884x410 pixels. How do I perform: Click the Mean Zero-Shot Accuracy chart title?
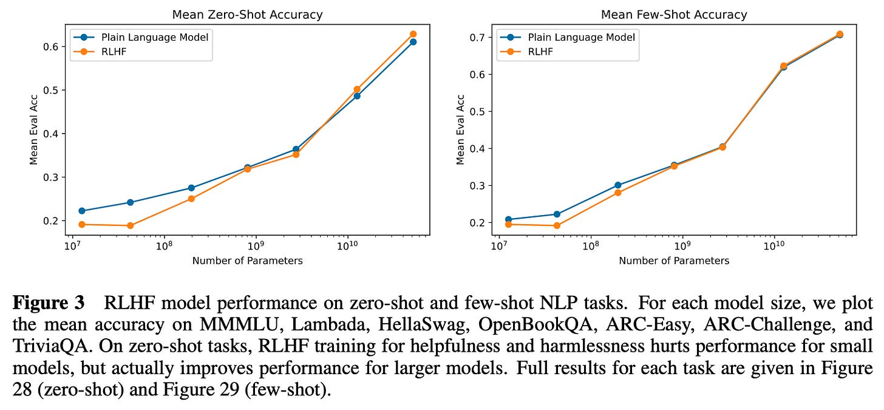(247, 14)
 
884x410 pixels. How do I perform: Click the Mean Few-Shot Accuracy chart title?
(674, 14)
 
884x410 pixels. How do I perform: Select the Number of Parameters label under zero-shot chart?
(247, 261)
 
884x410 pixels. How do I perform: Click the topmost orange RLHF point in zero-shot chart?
(413, 34)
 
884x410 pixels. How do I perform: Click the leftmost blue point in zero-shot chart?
(81, 211)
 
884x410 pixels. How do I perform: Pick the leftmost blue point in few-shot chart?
(508, 219)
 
